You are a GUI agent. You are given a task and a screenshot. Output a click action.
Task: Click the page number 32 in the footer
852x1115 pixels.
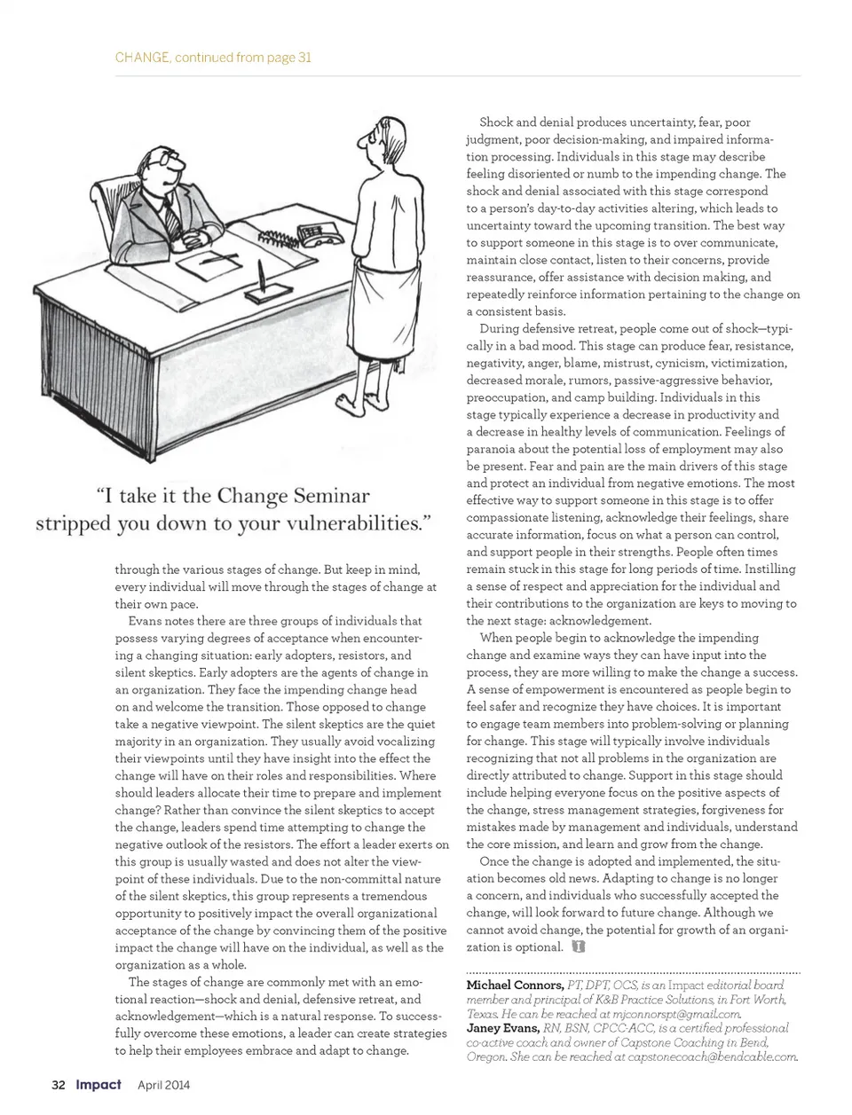click(59, 1085)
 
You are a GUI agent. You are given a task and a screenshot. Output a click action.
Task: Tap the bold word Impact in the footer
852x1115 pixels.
click(99, 1085)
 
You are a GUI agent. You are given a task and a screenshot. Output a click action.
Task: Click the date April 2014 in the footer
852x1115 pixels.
click(164, 1085)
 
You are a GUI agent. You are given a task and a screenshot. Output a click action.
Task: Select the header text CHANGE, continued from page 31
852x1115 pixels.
click(213, 58)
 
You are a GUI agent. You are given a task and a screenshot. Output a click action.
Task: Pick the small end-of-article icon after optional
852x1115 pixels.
click(579, 947)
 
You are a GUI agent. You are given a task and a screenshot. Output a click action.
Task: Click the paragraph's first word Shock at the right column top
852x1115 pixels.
click(496, 122)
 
